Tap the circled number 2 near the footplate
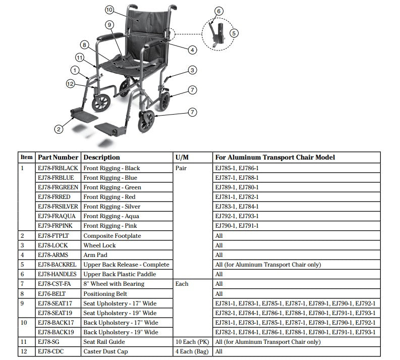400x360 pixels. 59,129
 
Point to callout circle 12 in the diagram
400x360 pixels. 70,83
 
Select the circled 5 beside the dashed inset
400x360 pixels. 234,33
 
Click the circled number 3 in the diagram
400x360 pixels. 193,70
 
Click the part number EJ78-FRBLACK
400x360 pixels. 58,168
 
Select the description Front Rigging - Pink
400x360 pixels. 109,226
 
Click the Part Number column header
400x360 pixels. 58,158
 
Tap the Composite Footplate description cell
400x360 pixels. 112,236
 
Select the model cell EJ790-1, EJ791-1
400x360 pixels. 237,226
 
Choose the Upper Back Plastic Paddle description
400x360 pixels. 120,274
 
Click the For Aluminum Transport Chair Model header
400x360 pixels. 274,158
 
